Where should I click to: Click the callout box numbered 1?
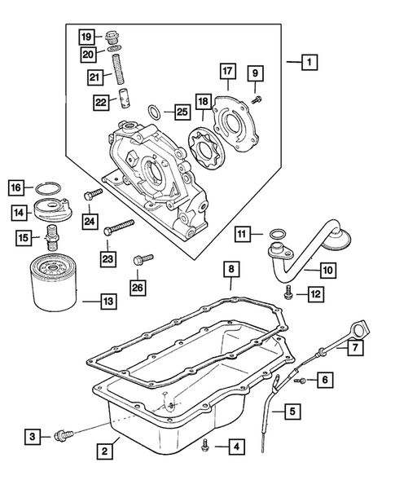click(x=309, y=62)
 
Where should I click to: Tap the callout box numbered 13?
click(x=108, y=302)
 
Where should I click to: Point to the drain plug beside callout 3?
click(x=64, y=436)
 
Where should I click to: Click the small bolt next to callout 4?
click(x=205, y=445)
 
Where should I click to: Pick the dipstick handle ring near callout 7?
click(x=362, y=330)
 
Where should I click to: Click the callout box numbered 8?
click(x=231, y=269)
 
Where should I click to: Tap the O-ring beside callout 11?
click(x=277, y=234)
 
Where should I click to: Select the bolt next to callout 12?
click(x=288, y=293)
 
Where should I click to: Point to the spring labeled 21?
click(x=120, y=70)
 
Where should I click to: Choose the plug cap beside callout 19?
click(x=112, y=38)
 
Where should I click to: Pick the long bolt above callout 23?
click(x=120, y=227)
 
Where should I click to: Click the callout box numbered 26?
click(x=138, y=288)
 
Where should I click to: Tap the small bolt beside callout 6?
click(x=301, y=381)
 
